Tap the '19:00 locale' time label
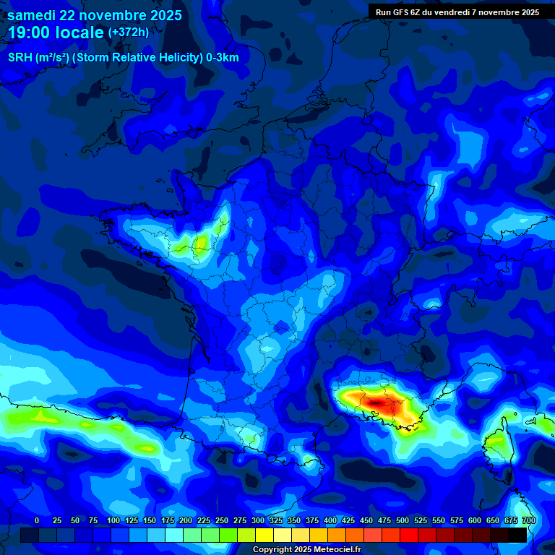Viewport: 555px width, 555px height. point(56,33)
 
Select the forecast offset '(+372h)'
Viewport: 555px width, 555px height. point(129,32)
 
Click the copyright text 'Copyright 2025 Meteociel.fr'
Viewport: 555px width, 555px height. point(306,550)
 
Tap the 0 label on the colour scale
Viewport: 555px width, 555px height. point(37,520)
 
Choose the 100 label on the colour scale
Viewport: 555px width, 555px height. point(113,520)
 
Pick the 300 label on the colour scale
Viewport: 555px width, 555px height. point(258,520)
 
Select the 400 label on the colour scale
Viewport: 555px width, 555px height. point(330,520)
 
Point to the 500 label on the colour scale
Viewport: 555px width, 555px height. point(403,520)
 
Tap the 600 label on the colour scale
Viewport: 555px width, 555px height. point(475,520)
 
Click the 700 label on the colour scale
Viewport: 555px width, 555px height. point(528,520)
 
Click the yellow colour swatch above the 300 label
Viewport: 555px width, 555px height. point(264,535)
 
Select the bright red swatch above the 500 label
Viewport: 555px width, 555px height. point(409,535)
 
